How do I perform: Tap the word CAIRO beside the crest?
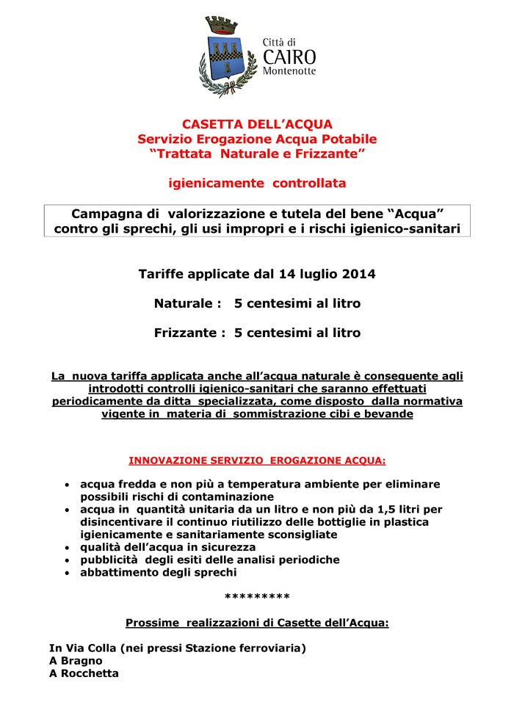(289, 57)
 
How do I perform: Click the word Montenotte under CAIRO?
(289, 70)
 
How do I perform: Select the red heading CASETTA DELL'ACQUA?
(257, 124)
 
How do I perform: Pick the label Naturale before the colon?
(184, 303)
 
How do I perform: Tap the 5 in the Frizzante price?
(238, 333)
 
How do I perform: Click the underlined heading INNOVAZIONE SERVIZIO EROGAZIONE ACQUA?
(257, 461)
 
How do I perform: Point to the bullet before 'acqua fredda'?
(68, 485)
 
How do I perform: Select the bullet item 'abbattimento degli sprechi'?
(158, 572)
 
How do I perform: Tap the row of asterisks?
(257, 597)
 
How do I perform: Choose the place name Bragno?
(82, 660)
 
